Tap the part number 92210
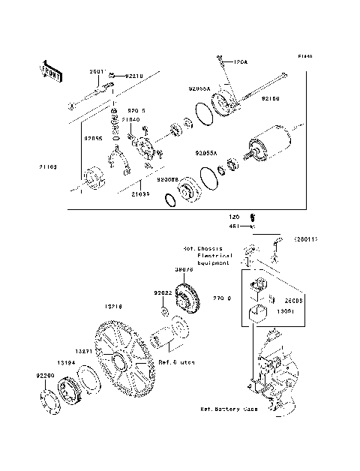click(x=134, y=75)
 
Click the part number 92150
click(x=271, y=98)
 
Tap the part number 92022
click(x=163, y=292)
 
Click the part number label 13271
click(x=84, y=350)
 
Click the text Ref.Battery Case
click(x=229, y=409)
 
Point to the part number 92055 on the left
click(x=93, y=138)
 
